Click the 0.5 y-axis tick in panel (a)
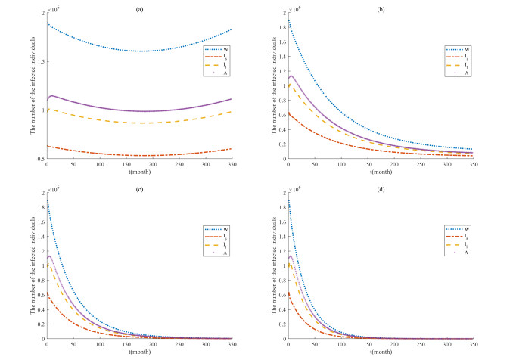(x=41, y=160)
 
